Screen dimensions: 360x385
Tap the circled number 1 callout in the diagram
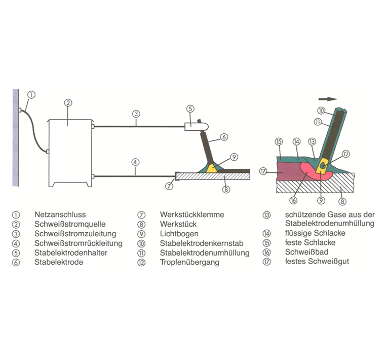31,94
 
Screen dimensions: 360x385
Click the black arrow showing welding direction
329,99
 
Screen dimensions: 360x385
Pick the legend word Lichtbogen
179,233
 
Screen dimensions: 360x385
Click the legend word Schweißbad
305,253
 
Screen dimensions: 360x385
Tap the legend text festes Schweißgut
317,262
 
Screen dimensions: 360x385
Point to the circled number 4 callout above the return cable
135,163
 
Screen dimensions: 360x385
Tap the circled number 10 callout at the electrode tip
320,111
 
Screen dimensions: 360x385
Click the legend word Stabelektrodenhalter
71,253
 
